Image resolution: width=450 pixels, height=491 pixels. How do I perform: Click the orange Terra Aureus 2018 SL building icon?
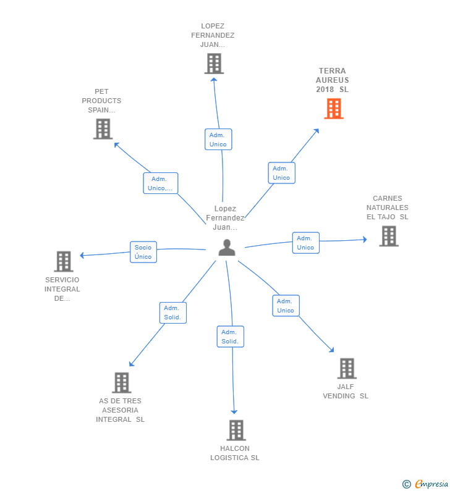coord(334,109)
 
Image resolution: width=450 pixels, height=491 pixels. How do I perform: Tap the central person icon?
coord(227,248)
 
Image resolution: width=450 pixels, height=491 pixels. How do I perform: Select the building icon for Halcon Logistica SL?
coord(236,430)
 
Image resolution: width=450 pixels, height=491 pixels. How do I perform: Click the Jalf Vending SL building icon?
coord(347,368)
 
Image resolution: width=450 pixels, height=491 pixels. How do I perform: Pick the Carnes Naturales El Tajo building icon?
coord(388,236)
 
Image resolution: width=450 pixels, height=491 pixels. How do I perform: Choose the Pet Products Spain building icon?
coord(103,129)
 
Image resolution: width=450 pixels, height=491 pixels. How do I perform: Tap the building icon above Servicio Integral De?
coord(64,261)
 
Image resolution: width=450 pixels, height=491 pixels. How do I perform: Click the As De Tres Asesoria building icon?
coord(121,383)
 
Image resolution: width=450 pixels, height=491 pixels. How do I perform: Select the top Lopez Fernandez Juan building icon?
coord(213,64)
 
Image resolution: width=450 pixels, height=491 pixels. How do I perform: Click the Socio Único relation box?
coord(143,252)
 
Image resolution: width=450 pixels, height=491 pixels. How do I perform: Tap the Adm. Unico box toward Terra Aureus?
coord(281,173)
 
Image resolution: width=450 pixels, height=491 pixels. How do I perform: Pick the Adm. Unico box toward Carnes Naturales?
coord(305,243)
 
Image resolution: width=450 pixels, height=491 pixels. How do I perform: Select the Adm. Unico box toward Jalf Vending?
coord(286,306)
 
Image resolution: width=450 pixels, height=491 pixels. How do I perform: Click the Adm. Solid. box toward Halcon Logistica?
coord(231,337)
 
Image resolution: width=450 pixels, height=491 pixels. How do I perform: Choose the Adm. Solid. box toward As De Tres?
coord(172,313)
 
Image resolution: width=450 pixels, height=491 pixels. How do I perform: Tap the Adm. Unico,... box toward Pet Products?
coord(161,183)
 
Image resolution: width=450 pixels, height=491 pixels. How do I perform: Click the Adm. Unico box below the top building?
coord(218,140)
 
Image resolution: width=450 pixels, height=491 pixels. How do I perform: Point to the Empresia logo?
coord(426,484)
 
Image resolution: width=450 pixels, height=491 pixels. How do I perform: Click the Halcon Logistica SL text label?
coord(235,453)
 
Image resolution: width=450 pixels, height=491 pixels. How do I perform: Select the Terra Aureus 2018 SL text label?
coord(333,80)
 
